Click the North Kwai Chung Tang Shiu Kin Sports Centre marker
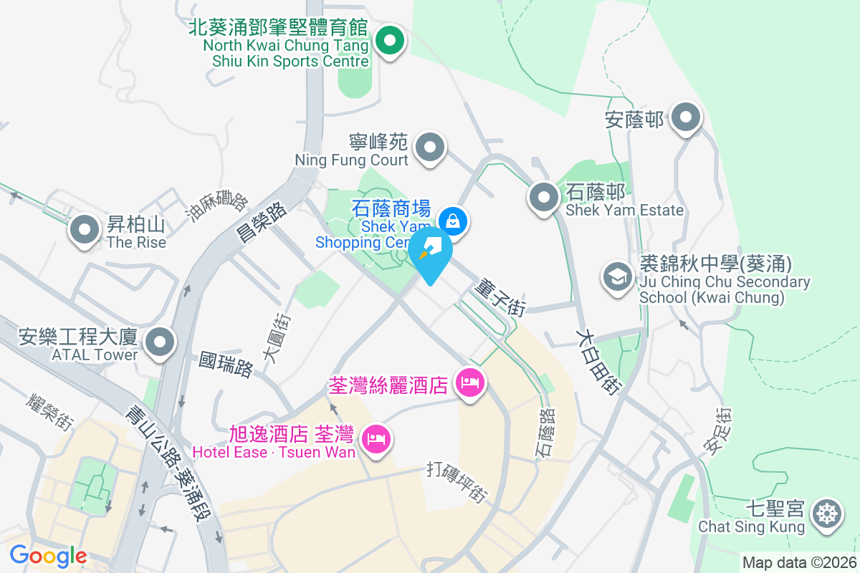coord(389,40)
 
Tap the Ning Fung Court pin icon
coord(430,148)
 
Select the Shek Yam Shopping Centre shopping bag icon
coord(453,221)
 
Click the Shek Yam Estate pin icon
coord(544,198)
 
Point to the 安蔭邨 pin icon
coord(686,117)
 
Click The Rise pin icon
coord(85,231)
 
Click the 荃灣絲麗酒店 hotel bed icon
coord(470,383)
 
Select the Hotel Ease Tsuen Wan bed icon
coord(376,437)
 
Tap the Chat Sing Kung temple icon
coord(827,515)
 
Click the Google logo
coord(48,556)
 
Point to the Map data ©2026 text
coord(798,563)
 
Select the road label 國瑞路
coord(226,364)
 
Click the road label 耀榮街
coord(51,412)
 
